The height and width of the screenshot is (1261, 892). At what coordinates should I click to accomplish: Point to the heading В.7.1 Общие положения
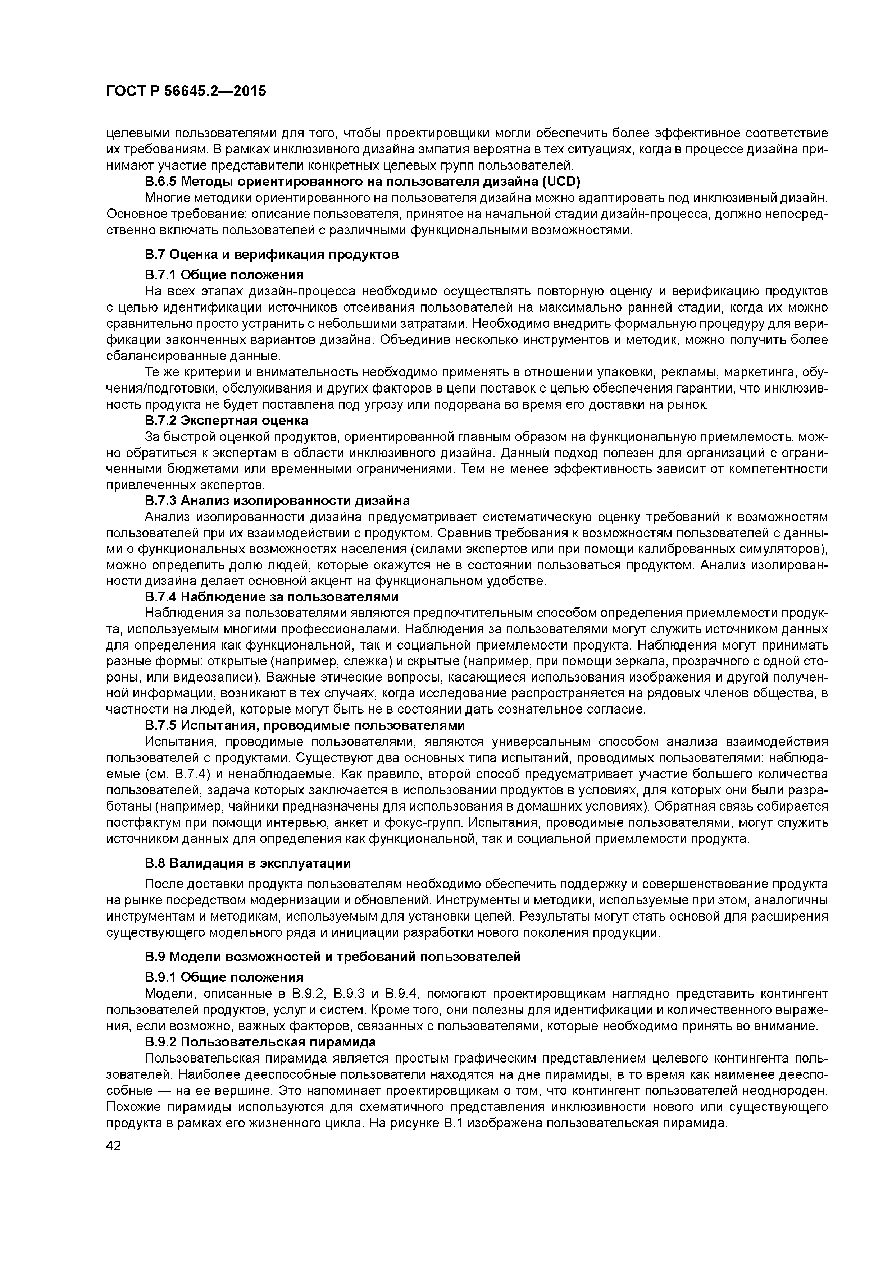224,274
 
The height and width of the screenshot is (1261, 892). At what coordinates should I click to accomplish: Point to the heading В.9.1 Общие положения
224,977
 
